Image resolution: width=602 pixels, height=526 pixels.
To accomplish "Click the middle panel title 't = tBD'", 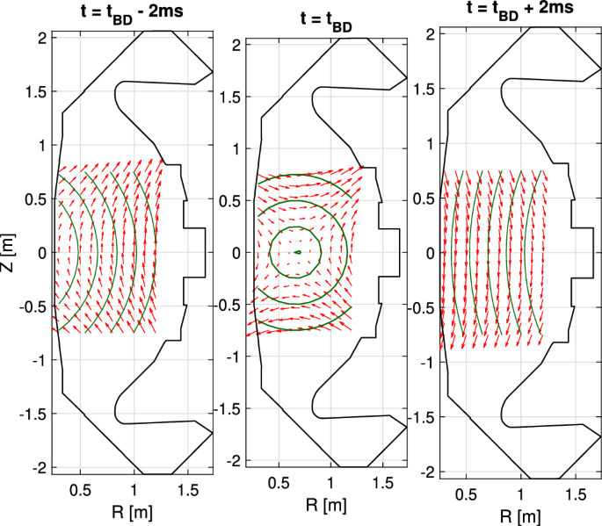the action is (326, 22).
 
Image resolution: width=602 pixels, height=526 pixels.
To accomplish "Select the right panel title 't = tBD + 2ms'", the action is (520, 10).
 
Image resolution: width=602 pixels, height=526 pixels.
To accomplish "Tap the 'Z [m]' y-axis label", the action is (8, 252).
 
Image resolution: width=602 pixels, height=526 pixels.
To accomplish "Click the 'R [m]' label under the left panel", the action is (132, 512).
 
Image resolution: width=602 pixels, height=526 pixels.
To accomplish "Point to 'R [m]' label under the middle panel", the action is (326, 505).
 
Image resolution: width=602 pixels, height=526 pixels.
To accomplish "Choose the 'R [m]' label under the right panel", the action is (520, 517).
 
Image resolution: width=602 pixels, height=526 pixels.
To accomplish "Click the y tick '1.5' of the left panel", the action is (36, 92).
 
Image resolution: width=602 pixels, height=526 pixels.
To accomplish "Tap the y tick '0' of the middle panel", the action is (236, 253).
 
